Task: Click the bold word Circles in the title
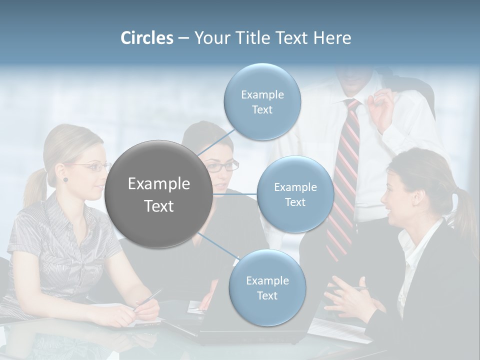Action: tap(146, 38)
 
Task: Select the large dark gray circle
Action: tap(158, 194)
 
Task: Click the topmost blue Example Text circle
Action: tap(262, 102)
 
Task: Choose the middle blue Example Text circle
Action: tap(295, 194)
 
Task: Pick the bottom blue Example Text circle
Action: tap(267, 287)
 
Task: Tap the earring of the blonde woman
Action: tap(65, 179)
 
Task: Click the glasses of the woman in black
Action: tap(222, 166)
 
